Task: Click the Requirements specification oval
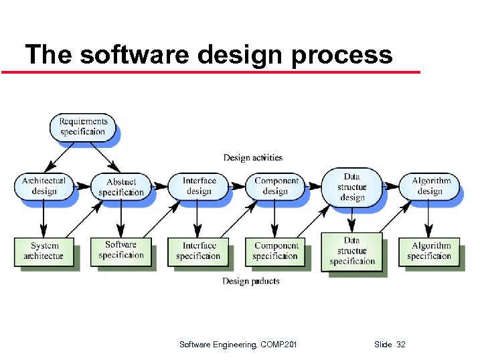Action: tap(82, 126)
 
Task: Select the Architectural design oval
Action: tap(44, 185)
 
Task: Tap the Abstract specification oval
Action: tap(121, 187)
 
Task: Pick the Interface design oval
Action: tap(199, 185)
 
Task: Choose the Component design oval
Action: tap(276, 185)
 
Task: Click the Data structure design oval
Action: tap(352, 187)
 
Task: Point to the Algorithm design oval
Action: tap(430, 185)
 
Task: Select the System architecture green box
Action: tap(44, 251)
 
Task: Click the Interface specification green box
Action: tap(199, 251)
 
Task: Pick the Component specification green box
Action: tap(276, 251)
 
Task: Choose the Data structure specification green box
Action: tap(352, 251)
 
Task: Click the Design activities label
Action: tap(252, 158)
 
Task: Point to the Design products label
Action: tap(250, 281)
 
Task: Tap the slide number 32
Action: tap(401, 345)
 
